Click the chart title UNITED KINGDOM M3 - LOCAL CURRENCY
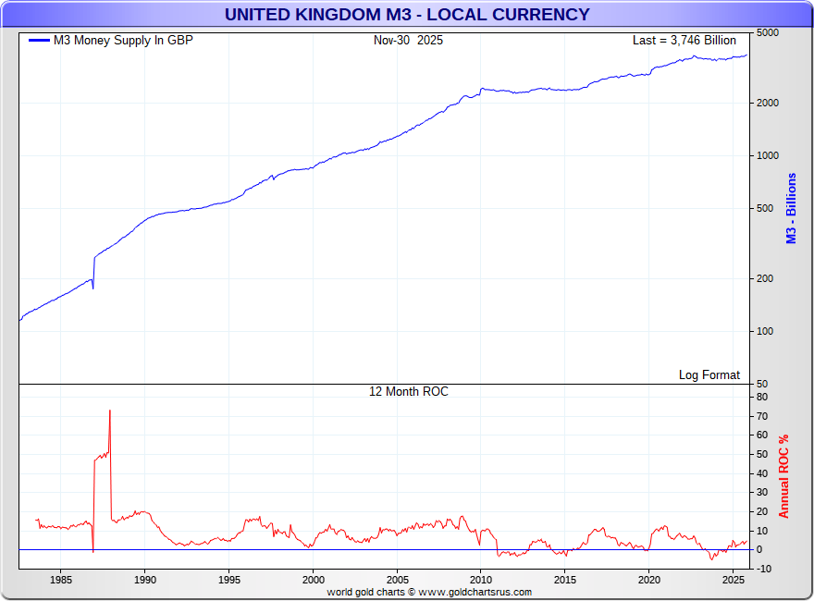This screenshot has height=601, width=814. tap(407, 14)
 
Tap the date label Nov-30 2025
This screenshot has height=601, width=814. tap(408, 40)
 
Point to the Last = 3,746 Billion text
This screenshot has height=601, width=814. tap(684, 40)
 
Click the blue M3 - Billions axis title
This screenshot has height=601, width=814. tap(792, 208)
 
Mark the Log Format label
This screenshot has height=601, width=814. tap(709, 374)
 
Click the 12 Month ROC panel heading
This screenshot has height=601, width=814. tap(408, 391)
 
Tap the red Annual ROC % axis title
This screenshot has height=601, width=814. tap(784, 476)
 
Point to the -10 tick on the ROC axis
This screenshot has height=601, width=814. tap(763, 569)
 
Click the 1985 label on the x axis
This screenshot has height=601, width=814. tap(61, 580)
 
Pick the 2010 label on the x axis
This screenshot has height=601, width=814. tap(481, 580)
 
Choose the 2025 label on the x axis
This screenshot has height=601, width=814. tap(733, 580)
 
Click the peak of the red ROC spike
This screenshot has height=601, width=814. tap(110, 411)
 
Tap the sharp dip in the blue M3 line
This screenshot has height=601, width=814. tap(93, 288)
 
